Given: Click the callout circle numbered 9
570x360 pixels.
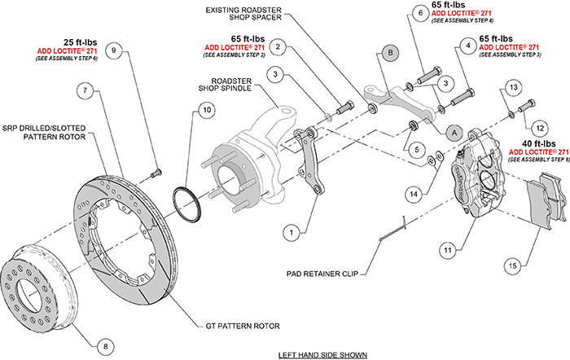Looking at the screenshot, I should point(114,50).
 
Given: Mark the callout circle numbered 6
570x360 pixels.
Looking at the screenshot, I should point(419,13).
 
